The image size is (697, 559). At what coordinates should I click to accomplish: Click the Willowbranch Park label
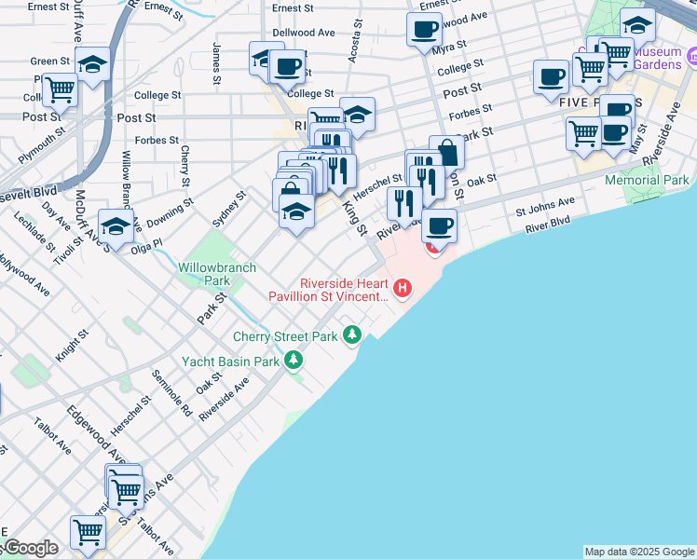pyautogui.click(x=204, y=273)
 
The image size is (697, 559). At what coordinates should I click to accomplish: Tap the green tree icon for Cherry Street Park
pyautogui.click(x=351, y=334)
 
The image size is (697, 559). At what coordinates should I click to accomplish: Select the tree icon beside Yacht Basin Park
pyautogui.click(x=294, y=360)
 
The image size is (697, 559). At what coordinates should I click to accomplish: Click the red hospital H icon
pyautogui.click(x=403, y=289)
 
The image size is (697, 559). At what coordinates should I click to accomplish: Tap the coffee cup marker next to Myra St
pyautogui.click(x=424, y=29)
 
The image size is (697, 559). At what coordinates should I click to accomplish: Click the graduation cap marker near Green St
pyautogui.click(x=93, y=64)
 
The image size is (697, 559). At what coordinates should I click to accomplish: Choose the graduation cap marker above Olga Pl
pyautogui.click(x=116, y=225)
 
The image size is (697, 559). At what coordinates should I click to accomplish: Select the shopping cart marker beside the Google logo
pyautogui.click(x=88, y=533)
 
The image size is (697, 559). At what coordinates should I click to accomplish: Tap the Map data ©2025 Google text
pyautogui.click(x=639, y=552)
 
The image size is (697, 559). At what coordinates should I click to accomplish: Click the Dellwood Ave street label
pyautogui.click(x=304, y=33)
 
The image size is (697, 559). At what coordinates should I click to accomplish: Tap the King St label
pyautogui.click(x=355, y=217)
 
